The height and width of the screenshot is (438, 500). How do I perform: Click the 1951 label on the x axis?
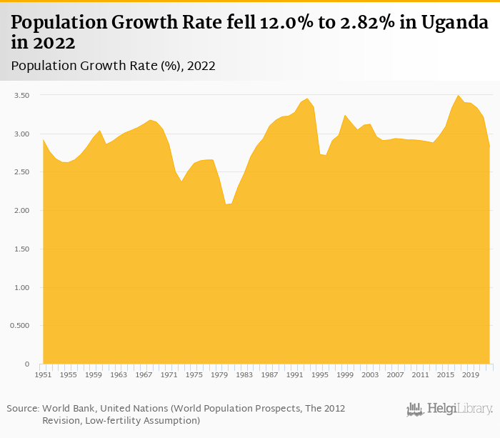43,374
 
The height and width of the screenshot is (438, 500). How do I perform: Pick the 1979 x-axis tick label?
219,374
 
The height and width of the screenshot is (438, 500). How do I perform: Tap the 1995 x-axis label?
320,374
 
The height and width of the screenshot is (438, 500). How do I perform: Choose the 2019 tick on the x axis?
471,374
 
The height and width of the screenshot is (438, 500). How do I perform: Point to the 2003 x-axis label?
370,374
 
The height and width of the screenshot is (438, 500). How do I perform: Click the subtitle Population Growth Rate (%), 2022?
114,66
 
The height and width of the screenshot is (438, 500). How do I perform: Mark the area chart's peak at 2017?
459,95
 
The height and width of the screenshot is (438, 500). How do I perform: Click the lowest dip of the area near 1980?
226,204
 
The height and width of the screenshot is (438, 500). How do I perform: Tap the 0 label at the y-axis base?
27,364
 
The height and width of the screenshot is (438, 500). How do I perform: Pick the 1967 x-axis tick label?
144,374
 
